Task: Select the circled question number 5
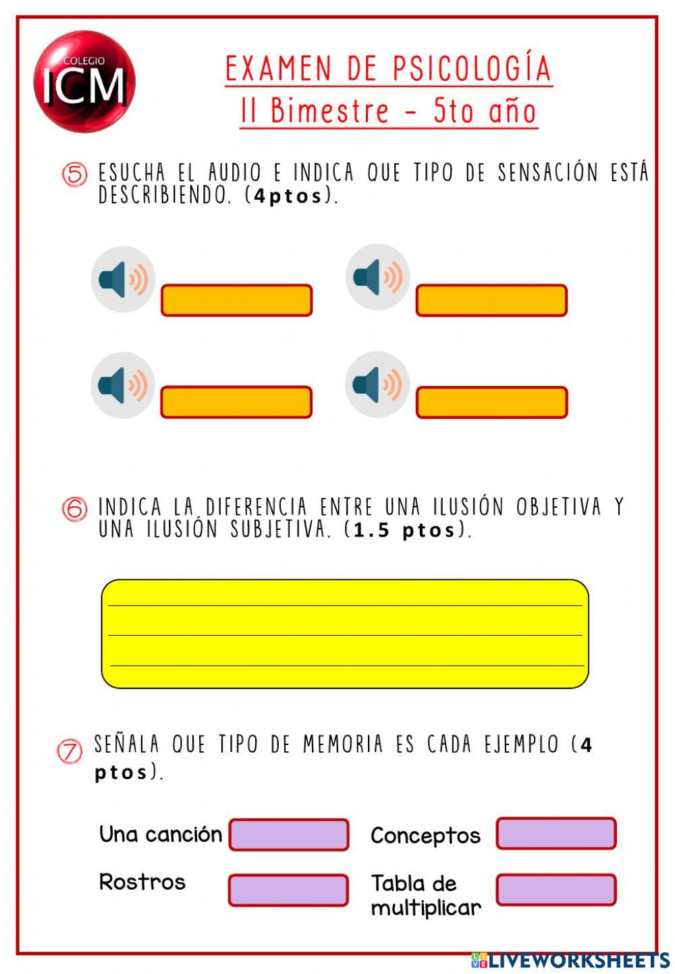pos(75,175)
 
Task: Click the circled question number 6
pos(75,509)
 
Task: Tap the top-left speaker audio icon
pos(124,279)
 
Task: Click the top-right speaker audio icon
pos(378,277)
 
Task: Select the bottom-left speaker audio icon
pos(123,385)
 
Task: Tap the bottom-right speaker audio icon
pos(377,384)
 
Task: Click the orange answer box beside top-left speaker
pos(236,300)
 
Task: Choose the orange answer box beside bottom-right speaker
pos(491,402)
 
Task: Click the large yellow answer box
pos(345,633)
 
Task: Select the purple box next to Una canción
pos(289,835)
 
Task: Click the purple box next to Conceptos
pos(556,834)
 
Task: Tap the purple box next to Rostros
pos(289,890)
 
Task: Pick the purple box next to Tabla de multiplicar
pos(556,890)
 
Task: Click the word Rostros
pos(142,882)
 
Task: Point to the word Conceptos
pos(425,836)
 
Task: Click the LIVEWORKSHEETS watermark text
pos(578,961)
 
